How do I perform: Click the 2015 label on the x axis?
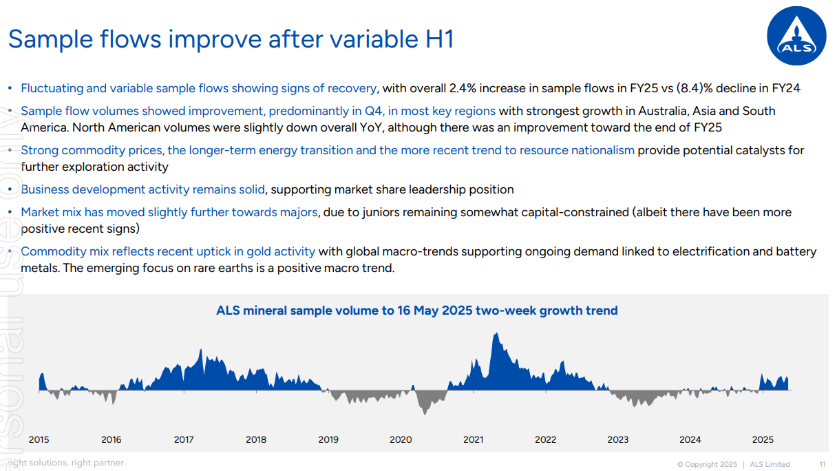[x=39, y=439]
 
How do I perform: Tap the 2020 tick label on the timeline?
[x=401, y=439]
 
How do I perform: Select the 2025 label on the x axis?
[x=763, y=439]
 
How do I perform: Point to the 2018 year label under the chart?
[x=256, y=439]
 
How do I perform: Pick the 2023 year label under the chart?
[x=618, y=439]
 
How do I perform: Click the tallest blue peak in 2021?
[x=496, y=335]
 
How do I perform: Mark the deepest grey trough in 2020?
[x=425, y=413]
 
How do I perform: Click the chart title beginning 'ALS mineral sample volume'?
[x=417, y=311]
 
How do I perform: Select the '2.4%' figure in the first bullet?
[x=463, y=88]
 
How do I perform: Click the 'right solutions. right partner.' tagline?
[x=67, y=463]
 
